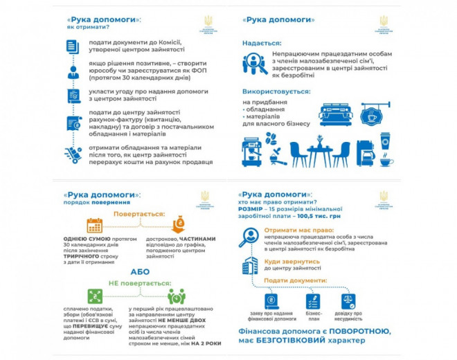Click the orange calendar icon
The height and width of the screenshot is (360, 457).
point(94,225)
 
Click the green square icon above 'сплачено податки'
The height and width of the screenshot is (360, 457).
point(95,296)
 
